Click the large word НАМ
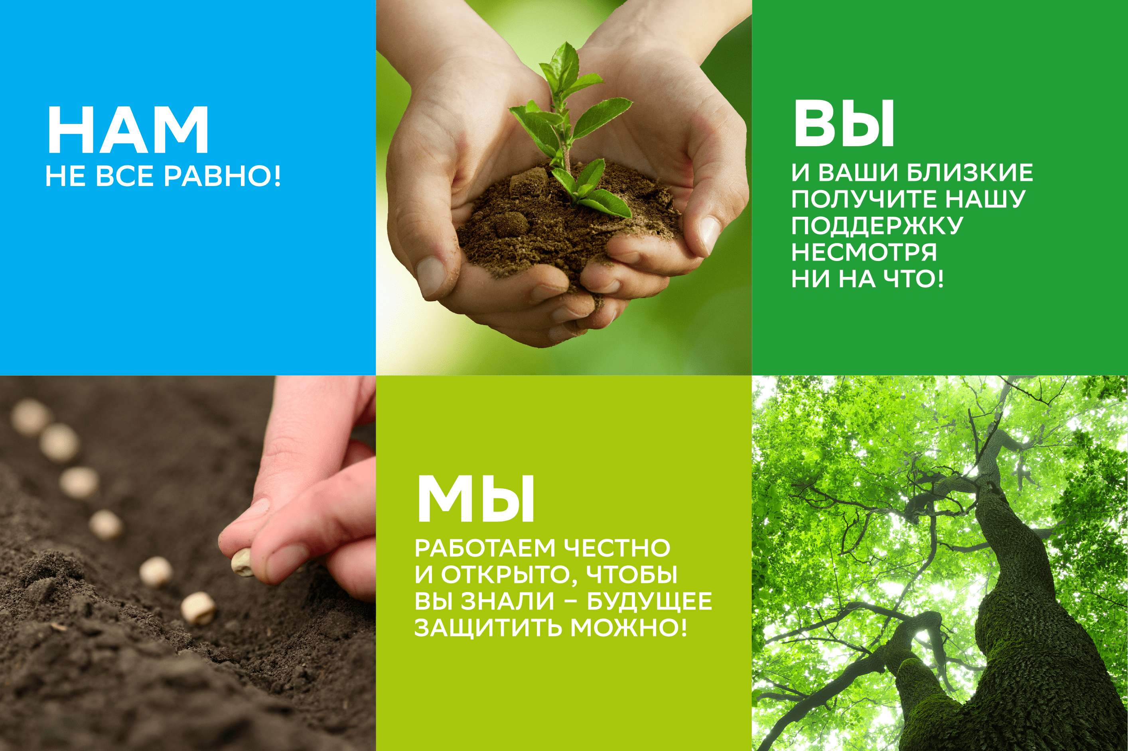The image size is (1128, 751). (128, 130)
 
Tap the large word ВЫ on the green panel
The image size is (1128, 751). (844, 124)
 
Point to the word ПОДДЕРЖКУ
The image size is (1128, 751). (877, 225)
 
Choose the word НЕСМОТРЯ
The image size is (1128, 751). (864, 252)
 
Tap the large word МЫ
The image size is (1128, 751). (475, 500)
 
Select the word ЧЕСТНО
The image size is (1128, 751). (617, 548)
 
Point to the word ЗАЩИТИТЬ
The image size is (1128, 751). (487, 627)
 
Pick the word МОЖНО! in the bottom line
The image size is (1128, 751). (629, 627)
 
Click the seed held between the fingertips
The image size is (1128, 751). (242, 562)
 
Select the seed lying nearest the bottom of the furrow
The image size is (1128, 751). (198, 608)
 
